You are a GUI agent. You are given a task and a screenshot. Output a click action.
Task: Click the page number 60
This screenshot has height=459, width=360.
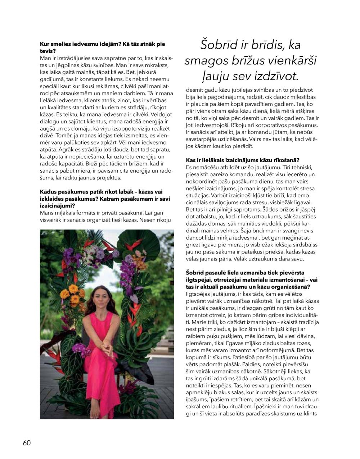tap(27, 443)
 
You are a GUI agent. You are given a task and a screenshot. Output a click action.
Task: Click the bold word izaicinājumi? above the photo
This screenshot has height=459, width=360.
tap(58, 205)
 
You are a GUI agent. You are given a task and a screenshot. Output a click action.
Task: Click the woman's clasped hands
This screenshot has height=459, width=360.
tap(107, 348)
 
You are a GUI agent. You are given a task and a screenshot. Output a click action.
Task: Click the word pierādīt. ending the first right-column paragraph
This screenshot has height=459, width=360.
tap(242, 146)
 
